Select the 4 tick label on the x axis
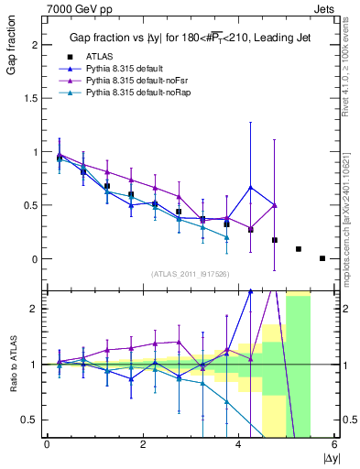239,445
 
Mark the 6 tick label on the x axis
334,445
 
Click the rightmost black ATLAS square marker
322,258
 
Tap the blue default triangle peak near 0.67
251,188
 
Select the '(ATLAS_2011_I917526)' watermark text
190,274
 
